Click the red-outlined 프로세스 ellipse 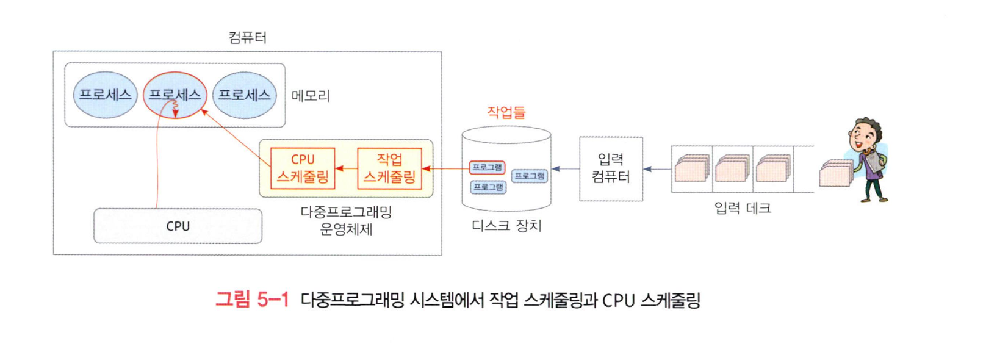175,95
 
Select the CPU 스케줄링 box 303,168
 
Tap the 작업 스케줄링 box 389,168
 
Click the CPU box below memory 178,226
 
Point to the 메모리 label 311,96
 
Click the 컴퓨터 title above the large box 247,38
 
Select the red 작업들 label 506,112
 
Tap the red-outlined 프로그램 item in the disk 487,167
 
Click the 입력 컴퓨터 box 611,168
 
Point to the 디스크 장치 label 506,226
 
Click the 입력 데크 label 743,209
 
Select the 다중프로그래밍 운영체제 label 346,220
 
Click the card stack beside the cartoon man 835,173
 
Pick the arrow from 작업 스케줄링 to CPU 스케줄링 346,168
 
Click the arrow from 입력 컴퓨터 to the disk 566,169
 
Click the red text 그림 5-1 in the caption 252,300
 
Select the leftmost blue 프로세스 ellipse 105,95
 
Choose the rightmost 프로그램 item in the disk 529,176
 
